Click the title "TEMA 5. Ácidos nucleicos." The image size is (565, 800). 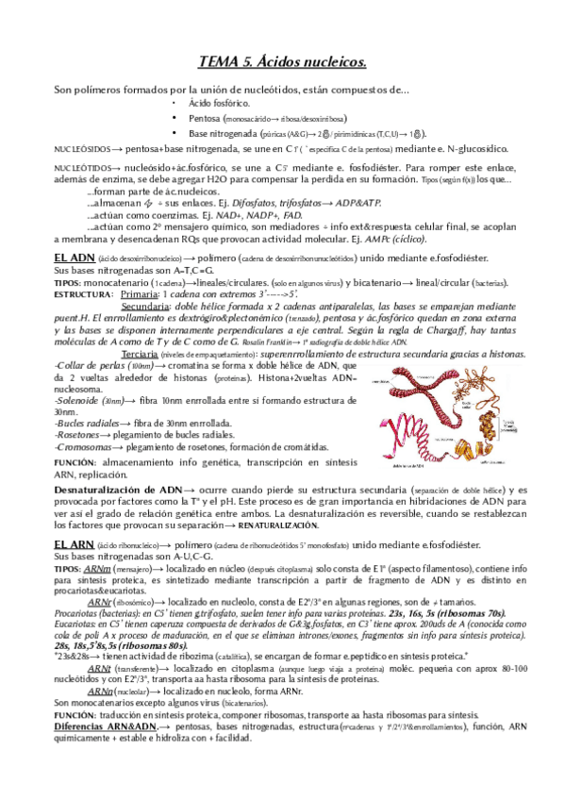click(x=282, y=63)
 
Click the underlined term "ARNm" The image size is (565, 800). click(x=98, y=569)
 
